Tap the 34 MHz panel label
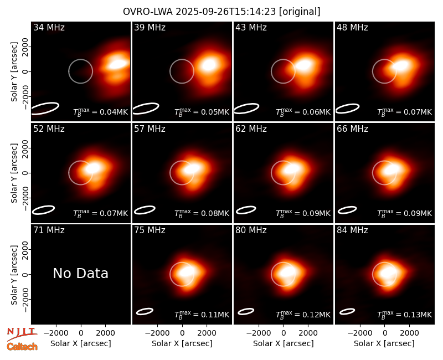49,27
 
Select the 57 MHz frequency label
150,129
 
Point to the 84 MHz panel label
352,230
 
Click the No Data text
80,273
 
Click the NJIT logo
22,334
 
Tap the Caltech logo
22,347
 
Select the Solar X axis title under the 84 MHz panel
384,343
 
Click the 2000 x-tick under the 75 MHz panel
207,333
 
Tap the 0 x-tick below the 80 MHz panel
284,333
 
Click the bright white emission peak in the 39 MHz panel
209,65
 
